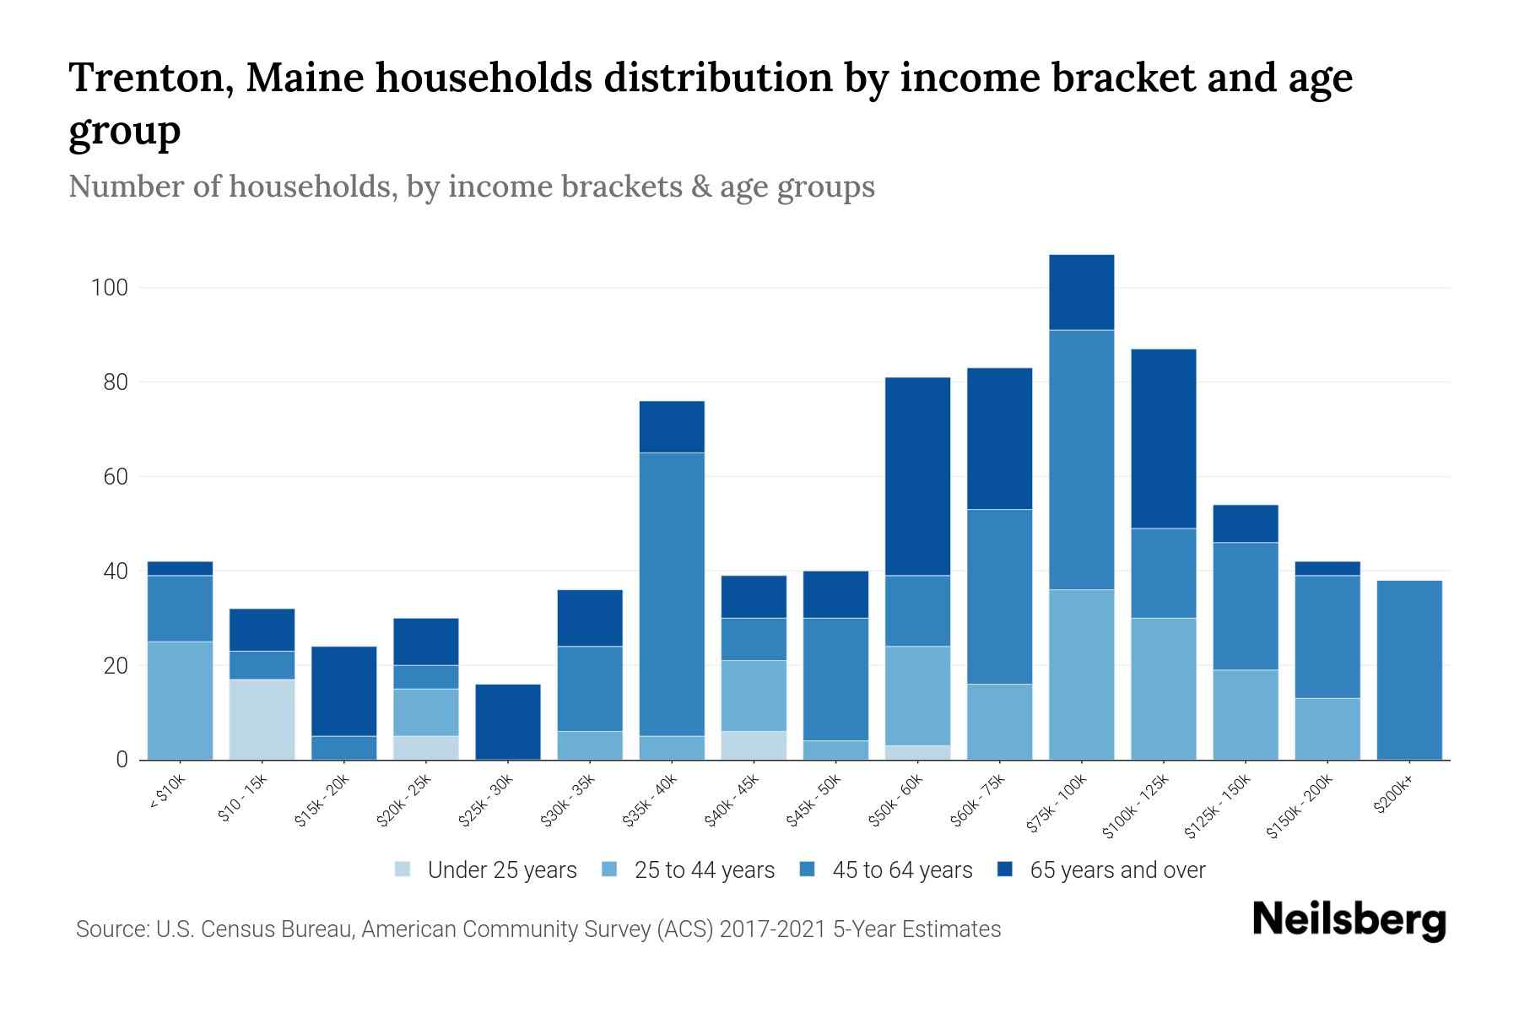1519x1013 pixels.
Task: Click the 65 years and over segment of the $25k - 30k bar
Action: [508, 722]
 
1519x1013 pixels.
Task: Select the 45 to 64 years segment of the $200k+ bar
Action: [1409, 670]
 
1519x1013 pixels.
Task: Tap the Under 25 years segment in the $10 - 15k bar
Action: [262, 719]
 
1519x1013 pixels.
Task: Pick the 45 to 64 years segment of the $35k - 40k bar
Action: [672, 594]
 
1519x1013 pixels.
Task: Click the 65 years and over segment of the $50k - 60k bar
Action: [917, 476]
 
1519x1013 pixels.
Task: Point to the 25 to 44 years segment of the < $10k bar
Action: [180, 701]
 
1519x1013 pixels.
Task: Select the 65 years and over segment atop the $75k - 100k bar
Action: [1081, 292]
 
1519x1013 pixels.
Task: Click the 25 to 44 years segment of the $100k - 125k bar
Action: [1163, 689]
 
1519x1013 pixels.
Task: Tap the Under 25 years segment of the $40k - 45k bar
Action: [754, 745]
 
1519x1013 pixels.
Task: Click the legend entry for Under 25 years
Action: [501, 870]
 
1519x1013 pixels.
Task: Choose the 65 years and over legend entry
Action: [1116, 870]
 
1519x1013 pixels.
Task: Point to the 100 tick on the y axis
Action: [109, 288]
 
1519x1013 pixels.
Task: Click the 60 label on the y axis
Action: [115, 477]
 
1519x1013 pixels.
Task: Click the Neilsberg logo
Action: [1349, 921]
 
